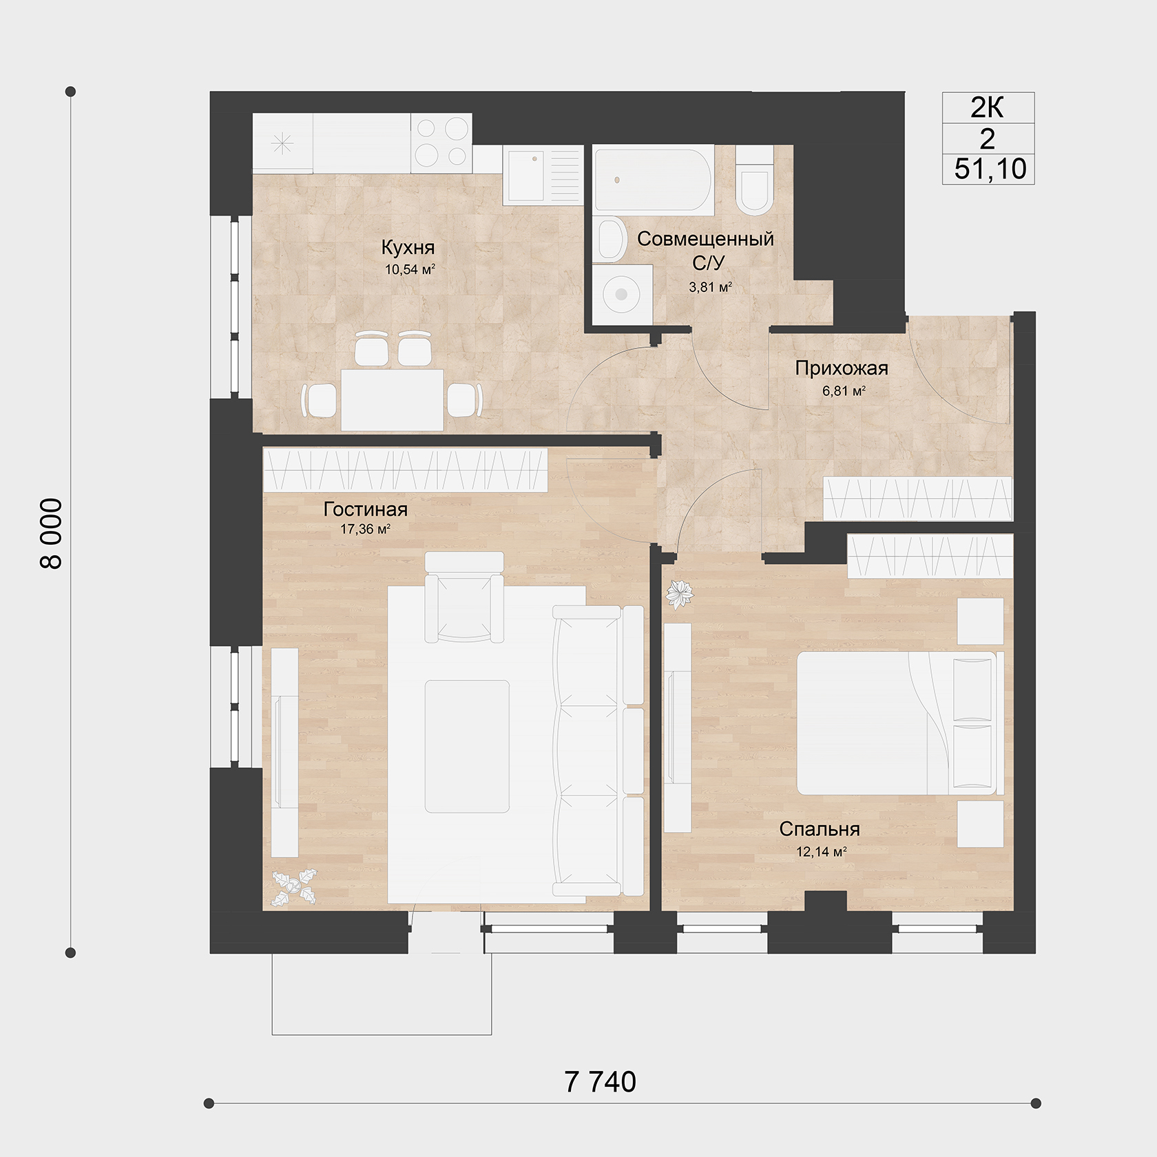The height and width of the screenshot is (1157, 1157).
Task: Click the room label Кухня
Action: (408, 247)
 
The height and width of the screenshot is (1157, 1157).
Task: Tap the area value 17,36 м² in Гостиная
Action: (366, 530)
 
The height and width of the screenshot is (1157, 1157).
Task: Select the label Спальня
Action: (820, 829)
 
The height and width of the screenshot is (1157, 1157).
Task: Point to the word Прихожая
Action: (842, 368)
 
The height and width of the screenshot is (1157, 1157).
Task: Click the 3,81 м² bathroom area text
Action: (710, 287)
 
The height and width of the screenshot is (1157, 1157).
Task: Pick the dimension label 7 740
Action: (600, 1083)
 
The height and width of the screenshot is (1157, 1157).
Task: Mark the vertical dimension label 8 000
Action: (52, 534)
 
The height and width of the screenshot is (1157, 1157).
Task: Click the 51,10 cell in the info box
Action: (990, 169)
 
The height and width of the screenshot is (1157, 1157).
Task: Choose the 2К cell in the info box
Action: (988, 107)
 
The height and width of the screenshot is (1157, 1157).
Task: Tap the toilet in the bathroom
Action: (754, 180)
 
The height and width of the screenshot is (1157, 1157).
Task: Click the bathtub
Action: (654, 180)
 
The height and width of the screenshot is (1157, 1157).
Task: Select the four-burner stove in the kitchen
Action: (441, 143)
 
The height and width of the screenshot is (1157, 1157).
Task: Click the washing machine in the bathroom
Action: (621, 294)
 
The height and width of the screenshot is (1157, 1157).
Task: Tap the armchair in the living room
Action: (463, 597)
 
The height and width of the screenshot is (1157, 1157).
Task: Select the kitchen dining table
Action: (392, 399)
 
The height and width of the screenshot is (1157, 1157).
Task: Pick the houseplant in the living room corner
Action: (294, 888)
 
